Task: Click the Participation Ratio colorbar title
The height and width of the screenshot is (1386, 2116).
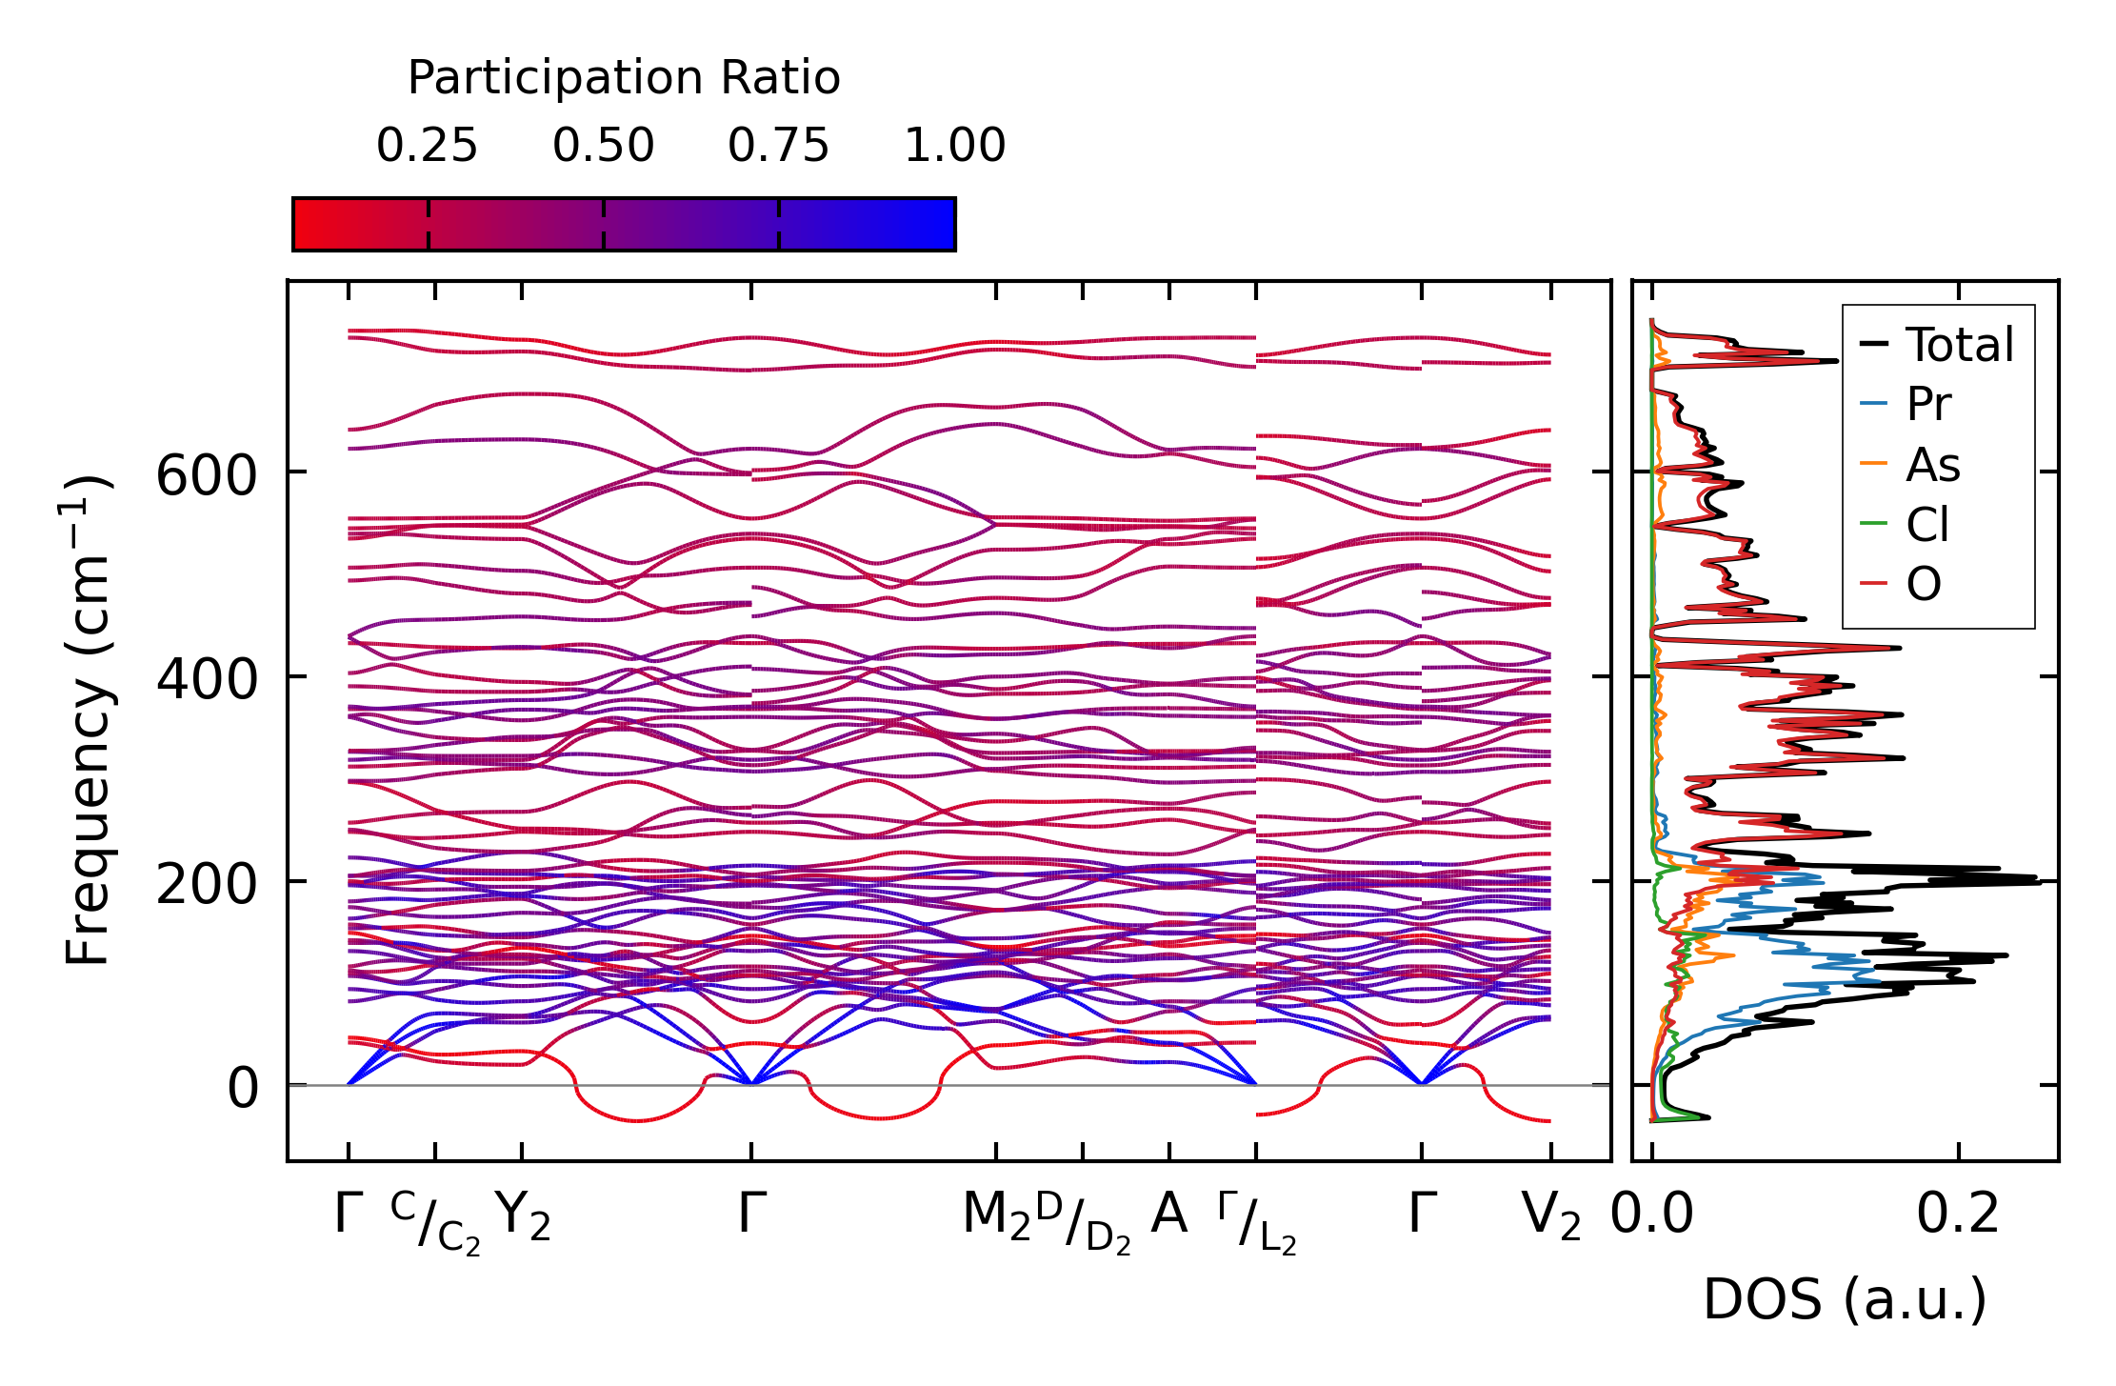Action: [624, 78]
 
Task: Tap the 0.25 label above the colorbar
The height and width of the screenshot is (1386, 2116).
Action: [427, 146]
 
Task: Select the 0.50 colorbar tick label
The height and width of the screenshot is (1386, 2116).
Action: [603, 146]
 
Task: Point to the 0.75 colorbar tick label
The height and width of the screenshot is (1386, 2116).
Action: [778, 146]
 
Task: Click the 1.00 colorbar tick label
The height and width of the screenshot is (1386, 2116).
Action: [954, 146]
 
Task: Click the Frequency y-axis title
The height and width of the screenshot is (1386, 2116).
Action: [88, 720]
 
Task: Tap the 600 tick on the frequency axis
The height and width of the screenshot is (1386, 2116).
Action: [207, 475]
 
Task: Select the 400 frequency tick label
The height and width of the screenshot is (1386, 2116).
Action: [207, 680]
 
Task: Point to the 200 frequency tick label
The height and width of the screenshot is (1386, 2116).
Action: [207, 885]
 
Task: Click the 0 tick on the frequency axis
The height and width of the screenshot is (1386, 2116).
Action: [242, 1089]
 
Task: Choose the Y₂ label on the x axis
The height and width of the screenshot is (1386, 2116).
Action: [523, 1216]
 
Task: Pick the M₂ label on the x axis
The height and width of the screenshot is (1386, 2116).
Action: [996, 1216]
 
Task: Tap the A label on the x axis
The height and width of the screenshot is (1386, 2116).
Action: [1168, 1215]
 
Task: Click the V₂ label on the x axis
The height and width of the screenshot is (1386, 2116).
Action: [1551, 1216]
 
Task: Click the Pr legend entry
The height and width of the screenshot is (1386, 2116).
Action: [1928, 405]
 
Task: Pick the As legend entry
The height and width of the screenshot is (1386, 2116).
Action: [1932, 465]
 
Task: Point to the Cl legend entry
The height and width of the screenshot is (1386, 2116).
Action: [1927, 525]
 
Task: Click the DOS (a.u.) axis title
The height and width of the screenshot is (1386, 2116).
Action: [1845, 1300]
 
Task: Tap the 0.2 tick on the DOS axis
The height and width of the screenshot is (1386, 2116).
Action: [1958, 1215]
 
